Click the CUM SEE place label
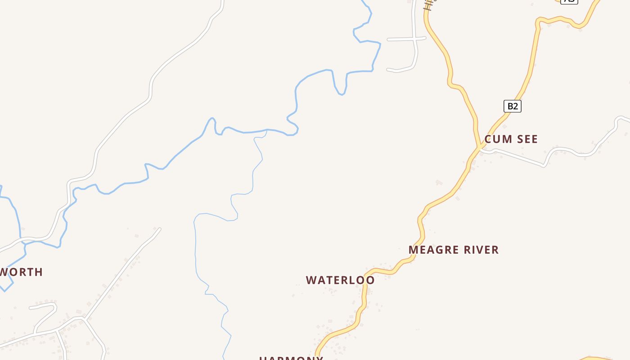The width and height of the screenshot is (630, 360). pos(511,139)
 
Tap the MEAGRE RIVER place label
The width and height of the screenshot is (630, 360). pos(454,250)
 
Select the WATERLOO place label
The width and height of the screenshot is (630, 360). pos(340,280)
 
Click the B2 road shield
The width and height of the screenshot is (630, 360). pos(512,106)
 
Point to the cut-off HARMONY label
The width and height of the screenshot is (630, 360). pos(291,358)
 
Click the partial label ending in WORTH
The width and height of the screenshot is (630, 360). pos(21,272)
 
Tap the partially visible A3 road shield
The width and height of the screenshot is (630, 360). pos(569,1)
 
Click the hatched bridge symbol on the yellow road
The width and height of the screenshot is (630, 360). pos(428,5)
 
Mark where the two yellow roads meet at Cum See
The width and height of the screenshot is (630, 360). pos(479,147)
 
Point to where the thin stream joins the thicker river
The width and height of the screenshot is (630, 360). pos(267,130)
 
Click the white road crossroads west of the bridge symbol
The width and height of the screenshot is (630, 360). pos(414,39)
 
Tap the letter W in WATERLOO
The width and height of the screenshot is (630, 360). pos(310,280)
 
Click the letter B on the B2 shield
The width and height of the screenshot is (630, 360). pos(510,106)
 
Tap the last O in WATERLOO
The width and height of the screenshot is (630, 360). pos(370,280)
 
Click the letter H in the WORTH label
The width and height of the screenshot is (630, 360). pos(39,272)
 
